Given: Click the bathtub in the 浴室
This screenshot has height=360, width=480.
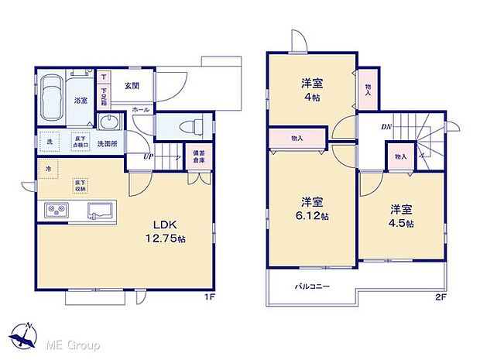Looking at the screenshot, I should (53, 98).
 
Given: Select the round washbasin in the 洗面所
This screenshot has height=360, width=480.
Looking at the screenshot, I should (108, 124).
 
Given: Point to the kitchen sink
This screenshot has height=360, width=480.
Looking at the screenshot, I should (101, 210).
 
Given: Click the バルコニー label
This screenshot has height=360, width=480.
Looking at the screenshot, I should (312, 286).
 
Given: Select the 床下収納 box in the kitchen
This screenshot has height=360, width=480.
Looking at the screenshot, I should (81, 183).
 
